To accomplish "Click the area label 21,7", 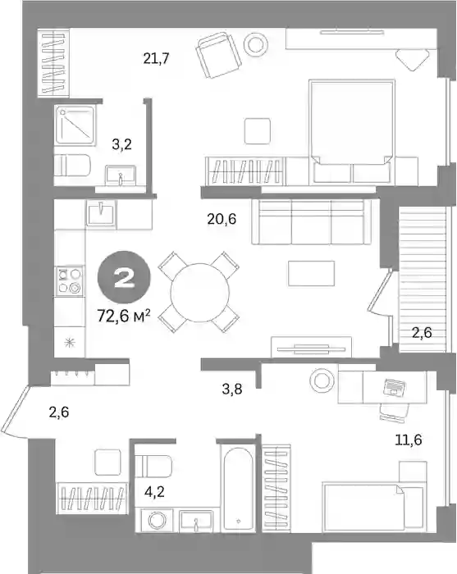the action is pos(156,58).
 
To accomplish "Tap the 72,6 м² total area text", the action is pos(124,315).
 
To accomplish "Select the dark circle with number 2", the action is pos(124,278).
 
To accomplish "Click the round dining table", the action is pos(199,292).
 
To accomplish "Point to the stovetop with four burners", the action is pos(70,280).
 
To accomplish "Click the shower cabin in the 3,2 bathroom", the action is pos(75,125).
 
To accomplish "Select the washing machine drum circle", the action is pos(157,520).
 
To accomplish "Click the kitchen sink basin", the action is pos(101,212).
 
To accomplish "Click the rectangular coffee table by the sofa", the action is pos(311,273).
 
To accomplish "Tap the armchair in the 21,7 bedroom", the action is pos(218,55).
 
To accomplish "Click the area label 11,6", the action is pos(409,439).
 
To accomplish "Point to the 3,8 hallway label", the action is pos(232,389).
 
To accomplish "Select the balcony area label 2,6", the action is pos(422,332).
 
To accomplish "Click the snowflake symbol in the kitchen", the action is pos(68,343).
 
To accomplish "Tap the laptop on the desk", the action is pos(395,387).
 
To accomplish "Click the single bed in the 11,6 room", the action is pos(372,507).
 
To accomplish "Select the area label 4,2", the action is pos(154,492).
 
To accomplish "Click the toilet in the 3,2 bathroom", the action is pos(72,165).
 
